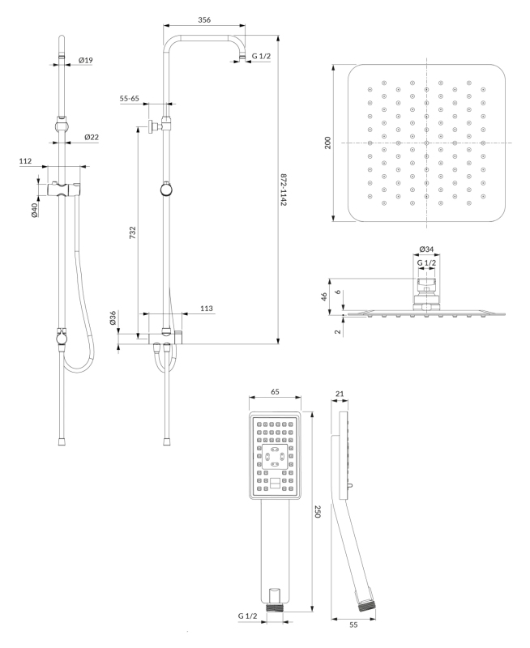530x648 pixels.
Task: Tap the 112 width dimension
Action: (x=26, y=161)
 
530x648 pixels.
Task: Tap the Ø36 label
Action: (x=113, y=318)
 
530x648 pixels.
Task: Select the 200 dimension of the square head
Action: (x=327, y=143)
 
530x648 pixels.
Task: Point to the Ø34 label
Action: (x=425, y=250)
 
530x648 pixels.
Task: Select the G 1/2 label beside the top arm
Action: (x=260, y=57)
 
